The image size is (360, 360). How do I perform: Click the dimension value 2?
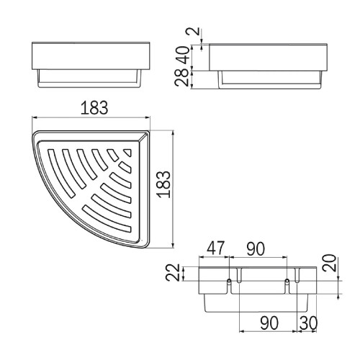[196, 31]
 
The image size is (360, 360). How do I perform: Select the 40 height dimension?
[185, 55]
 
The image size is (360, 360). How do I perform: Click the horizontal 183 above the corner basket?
[94, 108]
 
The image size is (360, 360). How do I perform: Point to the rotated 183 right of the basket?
[163, 184]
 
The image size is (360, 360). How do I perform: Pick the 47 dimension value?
[216, 248]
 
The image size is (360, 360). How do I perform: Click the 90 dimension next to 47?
[256, 249]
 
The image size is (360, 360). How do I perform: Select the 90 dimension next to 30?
[269, 323]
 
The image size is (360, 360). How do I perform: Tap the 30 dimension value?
[309, 323]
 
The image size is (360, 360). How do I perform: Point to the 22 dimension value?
[173, 272]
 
